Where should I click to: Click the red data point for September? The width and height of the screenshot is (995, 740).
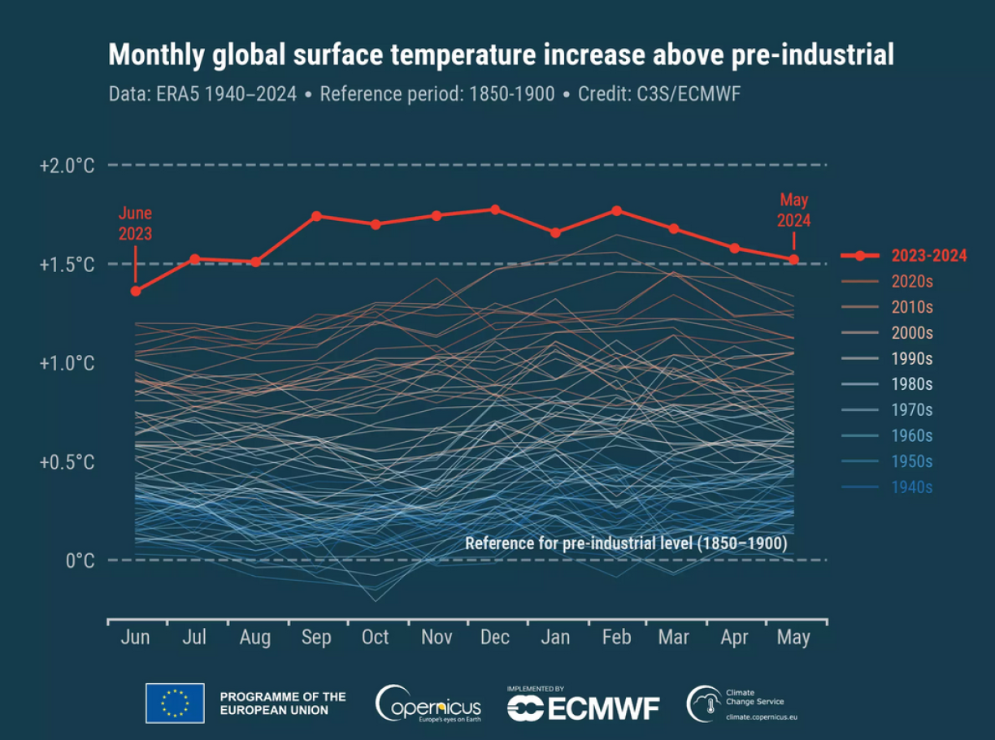click(316, 216)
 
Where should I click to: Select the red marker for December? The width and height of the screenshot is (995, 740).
click(495, 210)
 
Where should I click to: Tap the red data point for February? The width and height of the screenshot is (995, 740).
click(616, 210)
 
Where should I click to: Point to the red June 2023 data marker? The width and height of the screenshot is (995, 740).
click(136, 291)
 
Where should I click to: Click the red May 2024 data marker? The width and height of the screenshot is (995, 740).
click(794, 260)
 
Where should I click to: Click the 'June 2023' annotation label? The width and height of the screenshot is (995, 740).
click(135, 223)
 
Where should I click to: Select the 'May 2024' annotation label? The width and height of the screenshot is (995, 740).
click(793, 210)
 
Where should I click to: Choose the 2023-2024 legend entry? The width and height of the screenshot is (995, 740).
click(928, 256)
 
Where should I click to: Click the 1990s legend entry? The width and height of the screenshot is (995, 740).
click(911, 358)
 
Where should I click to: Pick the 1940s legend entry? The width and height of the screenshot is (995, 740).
click(911, 487)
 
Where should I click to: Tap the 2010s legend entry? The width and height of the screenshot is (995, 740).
click(911, 307)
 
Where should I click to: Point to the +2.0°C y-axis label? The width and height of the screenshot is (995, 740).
click(67, 166)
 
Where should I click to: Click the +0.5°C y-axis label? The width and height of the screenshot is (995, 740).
click(67, 462)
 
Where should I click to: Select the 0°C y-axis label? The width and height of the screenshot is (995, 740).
click(80, 560)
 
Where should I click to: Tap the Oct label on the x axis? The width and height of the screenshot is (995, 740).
click(375, 638)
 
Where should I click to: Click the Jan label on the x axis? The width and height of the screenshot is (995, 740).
click(555, 638)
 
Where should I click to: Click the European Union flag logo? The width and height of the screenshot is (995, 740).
click(175, 703)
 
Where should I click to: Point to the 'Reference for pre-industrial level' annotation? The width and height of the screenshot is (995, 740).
click(626, 543)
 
